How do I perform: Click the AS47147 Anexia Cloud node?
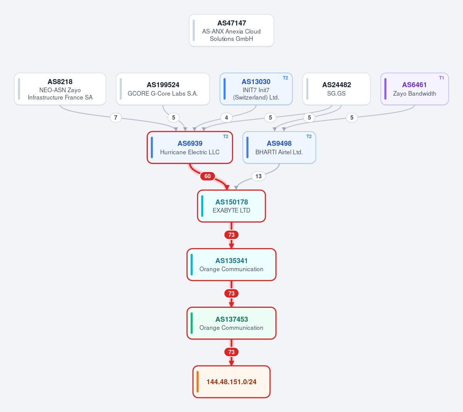pyautogui.click(x=231, y=30)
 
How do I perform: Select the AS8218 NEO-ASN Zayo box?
pyautogui.click(x=60, y=89)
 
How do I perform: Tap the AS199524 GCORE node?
pyautogui.click(x=163, y=89)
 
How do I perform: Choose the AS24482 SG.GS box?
pyautogui.click(x=336, y=89)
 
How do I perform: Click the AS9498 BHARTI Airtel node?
pyautogui.click(x=279, y=147)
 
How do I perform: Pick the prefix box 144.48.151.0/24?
pyautogui.click(x=231, y=382)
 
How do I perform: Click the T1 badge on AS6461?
pyautogui.click(x=441, y=78)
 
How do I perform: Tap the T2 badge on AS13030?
pyautogui.click(x=286, y=78)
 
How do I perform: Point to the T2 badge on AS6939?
pyautogui.click(x=226, y=137)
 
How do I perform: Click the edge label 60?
pyautogui.click(x=208, y=176)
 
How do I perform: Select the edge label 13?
pyautogui.click(x=259, y=176)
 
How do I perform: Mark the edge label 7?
pyautogui.click(x=116, y=118)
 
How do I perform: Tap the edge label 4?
pyautogui.click(x=226, y=118)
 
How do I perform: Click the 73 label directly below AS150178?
pyautogui.click(x=231, y=235)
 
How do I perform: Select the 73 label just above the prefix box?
pyautogui.click(x=231, y=352)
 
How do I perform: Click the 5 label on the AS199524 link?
pyautogui.click(x=174, y=118)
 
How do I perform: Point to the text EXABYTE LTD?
pyautogui.click(x=231, y=211)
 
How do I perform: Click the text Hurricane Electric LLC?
pyautogui.click(x=190, y=152)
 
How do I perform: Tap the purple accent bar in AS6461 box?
pyautogui.click(x=385, y=89)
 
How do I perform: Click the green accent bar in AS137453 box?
pyautogui.click(x=191, y=323)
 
